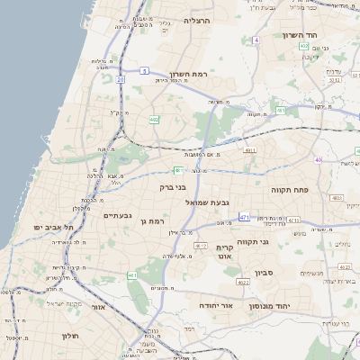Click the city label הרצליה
click(197, 20)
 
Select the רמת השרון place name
click(187, 75)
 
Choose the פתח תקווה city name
click(289, 190)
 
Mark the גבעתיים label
click(118, 216)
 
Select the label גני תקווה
click(255, 240)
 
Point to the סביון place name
click(264, 271)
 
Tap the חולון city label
click(72, 336)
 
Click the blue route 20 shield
click(120, 79)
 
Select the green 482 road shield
click(155, 119)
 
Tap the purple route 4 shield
click(256, 40)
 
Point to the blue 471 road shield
click(244, 218)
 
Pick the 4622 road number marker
click(243, 282)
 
